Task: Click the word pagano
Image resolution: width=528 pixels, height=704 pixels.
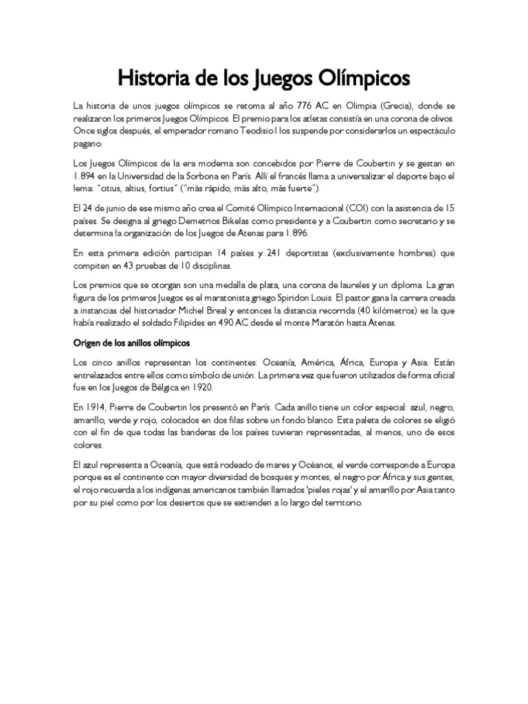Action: (x=87, y=144)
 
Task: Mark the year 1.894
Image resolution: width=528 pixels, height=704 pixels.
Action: (x=86, y=176)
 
